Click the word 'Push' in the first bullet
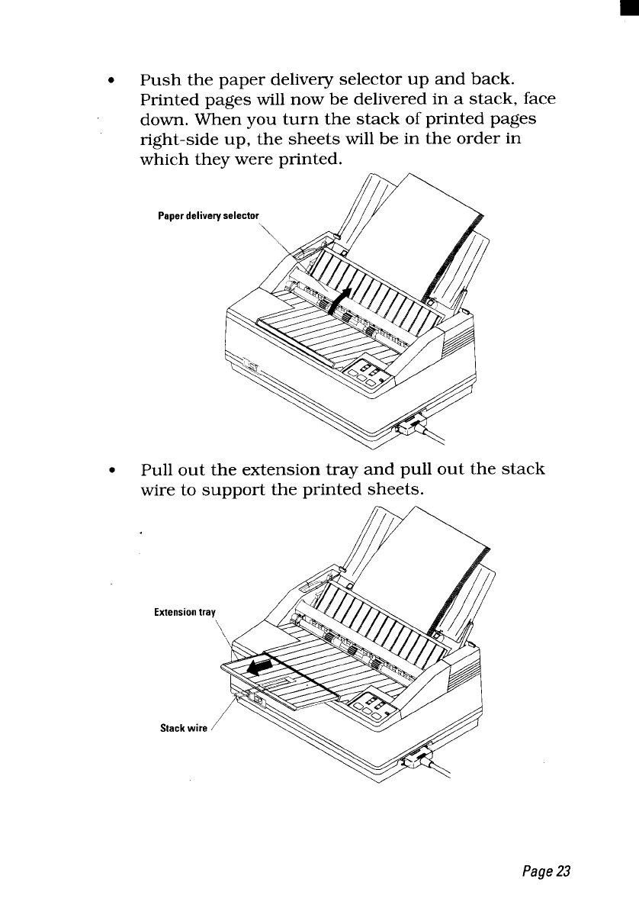(x=160, y=80)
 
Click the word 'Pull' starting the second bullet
(x=158, y=469)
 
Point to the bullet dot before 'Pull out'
(x=112, y=470)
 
